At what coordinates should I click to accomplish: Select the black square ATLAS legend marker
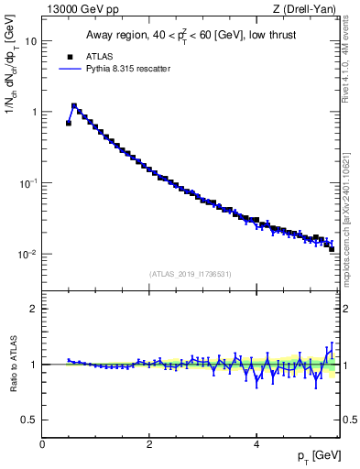(70, 55)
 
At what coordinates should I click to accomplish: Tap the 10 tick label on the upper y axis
(31, 41)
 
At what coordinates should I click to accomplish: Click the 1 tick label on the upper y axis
(35, 112)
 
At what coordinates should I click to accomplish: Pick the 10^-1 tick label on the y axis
(29, 182)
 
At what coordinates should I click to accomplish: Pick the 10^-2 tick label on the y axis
(29, 254)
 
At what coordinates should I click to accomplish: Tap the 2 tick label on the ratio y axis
(35, 309)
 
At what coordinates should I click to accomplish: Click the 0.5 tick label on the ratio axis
(30, 420)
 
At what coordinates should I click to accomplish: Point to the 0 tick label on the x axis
(42, 444)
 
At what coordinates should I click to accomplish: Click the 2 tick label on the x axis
(149, 444)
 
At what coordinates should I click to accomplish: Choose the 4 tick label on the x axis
(256, 444)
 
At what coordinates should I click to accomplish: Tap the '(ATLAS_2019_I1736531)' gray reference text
(191, 273)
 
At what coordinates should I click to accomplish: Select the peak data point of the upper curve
(74, 105)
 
